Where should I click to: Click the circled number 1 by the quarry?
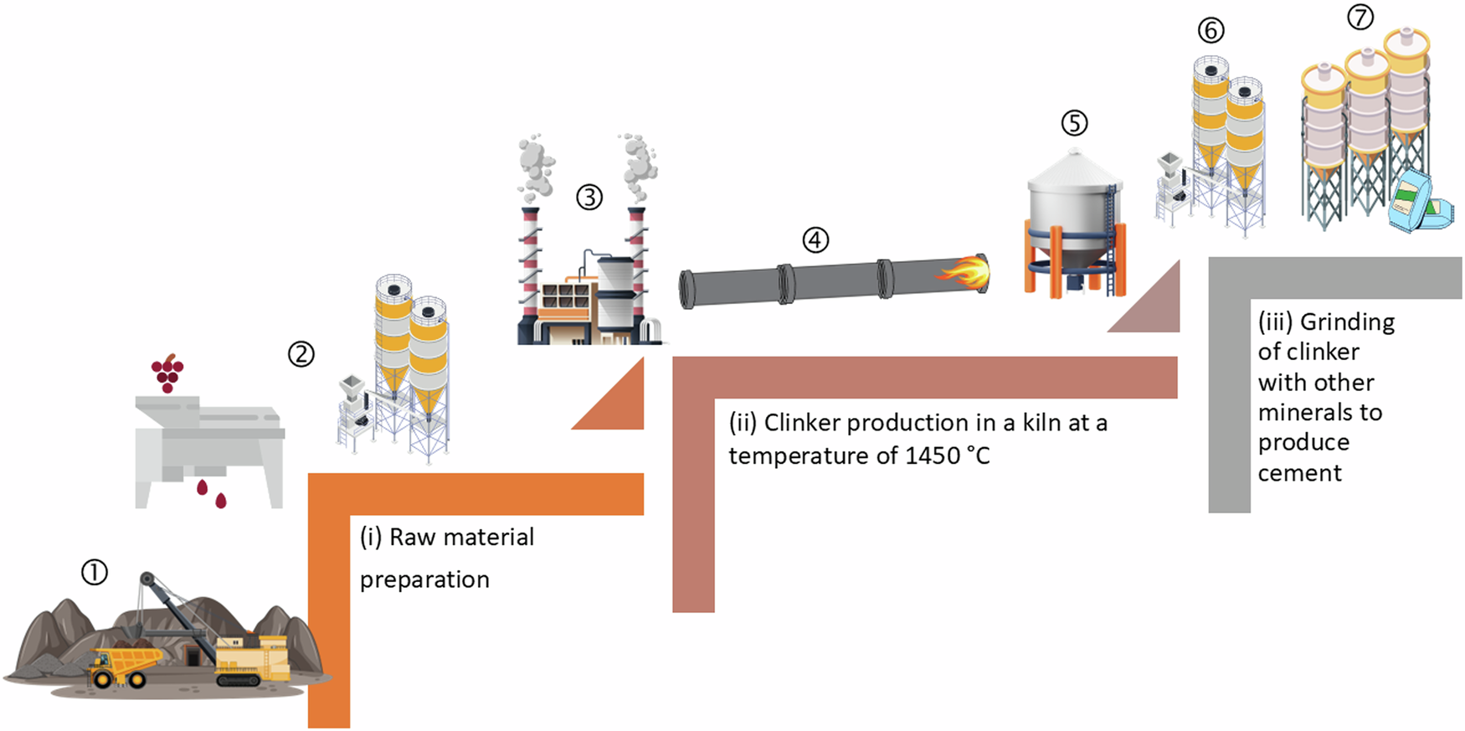[95, 573]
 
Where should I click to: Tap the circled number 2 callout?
[301, 354]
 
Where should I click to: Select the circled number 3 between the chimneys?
[589, 198]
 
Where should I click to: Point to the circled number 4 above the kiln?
[815, 240]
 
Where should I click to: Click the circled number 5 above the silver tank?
[1074, 123]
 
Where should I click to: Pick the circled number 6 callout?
[1211, 31]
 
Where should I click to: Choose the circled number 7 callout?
[1360, 17]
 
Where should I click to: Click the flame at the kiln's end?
[967, 271]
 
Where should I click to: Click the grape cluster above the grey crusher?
[167, 373]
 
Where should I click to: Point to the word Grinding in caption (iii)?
[1347, 322]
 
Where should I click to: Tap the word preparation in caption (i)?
[424, 579]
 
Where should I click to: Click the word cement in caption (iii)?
[1299, 473]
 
